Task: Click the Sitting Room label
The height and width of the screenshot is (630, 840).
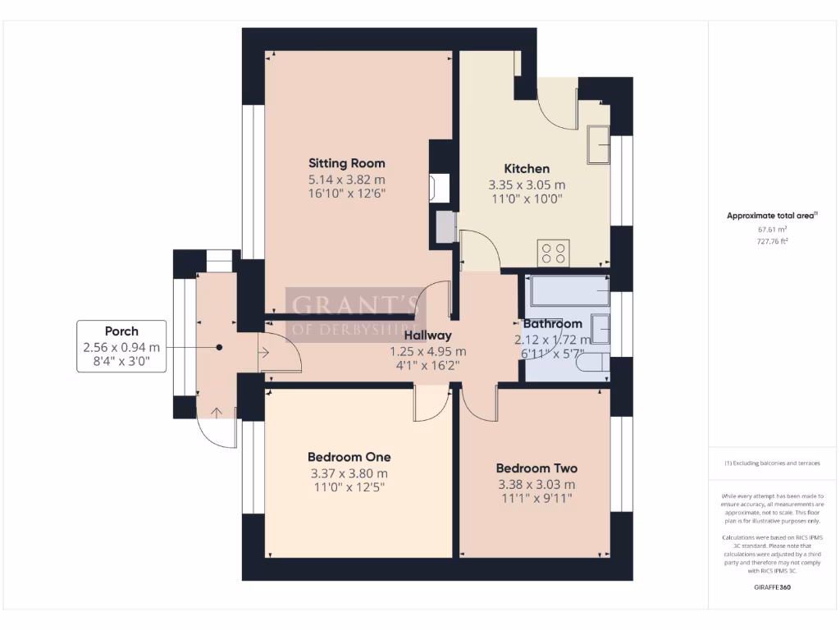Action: [346, 162]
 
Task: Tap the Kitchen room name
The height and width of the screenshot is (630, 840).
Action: [527, 168]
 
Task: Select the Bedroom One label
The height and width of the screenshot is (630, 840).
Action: [349, 457]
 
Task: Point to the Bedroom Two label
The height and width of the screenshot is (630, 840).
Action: [536, 468]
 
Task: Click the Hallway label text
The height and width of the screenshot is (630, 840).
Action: [427, 335]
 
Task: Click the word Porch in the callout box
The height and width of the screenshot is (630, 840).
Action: [121, 331]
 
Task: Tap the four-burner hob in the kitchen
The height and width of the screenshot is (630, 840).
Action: [554, 252]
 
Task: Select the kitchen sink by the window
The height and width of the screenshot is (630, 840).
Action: [598, 145]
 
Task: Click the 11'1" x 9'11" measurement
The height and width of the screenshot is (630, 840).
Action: [536, 498]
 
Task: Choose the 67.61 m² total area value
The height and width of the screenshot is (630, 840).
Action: [771, 231]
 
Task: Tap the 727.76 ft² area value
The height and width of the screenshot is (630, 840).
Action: [771, 242]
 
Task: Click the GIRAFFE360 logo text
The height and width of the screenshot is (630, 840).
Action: [771, 587]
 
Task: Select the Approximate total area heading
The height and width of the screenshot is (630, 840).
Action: [770, 216]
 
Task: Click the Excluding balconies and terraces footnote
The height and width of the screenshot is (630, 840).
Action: [771, 463]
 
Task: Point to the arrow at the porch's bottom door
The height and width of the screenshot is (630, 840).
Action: [217, 412]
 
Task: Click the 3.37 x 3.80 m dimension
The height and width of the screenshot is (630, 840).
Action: [349, 472]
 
